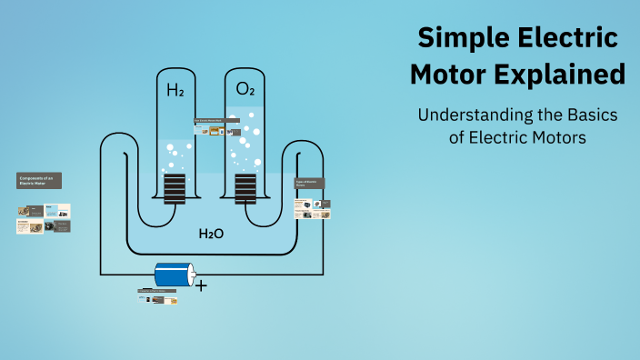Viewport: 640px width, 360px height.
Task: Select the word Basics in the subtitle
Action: click(x=590, y=116)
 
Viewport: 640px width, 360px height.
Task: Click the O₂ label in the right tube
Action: click(x=245, y=89)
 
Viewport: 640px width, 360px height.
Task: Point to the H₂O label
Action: click(x=211, y=234)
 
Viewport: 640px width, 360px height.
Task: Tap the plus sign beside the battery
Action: click(x=201, y=285)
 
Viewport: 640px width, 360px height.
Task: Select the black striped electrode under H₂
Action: click(x=175, y=188)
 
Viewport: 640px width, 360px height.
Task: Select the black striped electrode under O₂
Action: click(x=245, y=188)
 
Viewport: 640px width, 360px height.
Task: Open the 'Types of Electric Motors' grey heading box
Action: click(x=309, y=183)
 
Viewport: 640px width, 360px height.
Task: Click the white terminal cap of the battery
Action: click(x=191, y=274)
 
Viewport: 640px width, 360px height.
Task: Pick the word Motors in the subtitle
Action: click(x=560, y=138)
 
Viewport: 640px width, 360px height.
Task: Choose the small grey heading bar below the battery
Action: click(x=157, y=291)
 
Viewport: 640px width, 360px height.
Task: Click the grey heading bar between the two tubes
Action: click(x=210, y=121)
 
